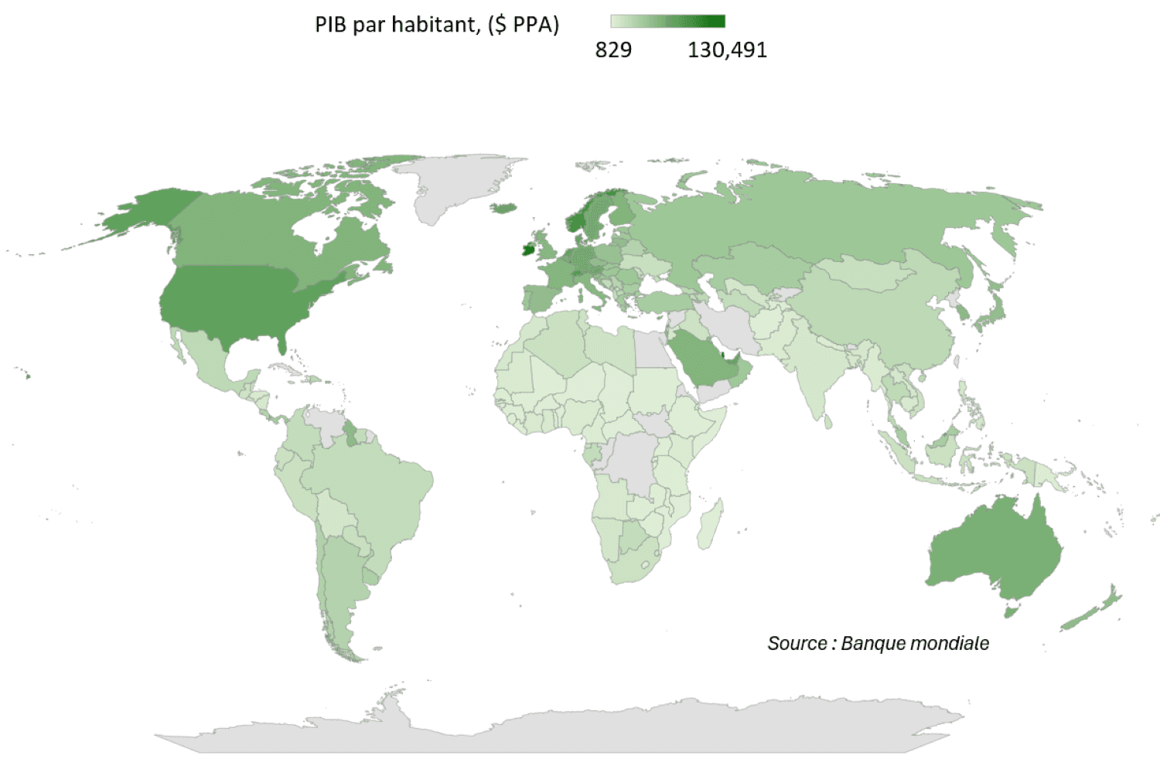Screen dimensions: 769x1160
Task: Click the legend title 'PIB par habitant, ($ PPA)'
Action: (x=436, y=25)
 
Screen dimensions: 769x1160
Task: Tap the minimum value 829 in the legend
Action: (x=613, y=50)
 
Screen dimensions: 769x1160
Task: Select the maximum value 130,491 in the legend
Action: (x=727, y=50)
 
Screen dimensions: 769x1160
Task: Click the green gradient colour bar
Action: (x=667, y=21)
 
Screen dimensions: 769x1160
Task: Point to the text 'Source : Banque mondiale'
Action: (x=878, y=643)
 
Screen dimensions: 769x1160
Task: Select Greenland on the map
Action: (x=456, y=185)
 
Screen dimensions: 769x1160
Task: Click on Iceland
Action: (x=503, y=207)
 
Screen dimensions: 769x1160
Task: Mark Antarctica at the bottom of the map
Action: (x=557, y=730)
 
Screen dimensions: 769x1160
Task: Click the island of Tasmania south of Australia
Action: (x=1010, y=612)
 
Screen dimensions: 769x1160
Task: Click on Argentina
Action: (x=340, y=580)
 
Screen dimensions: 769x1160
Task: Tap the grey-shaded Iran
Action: (x=730, y=325)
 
